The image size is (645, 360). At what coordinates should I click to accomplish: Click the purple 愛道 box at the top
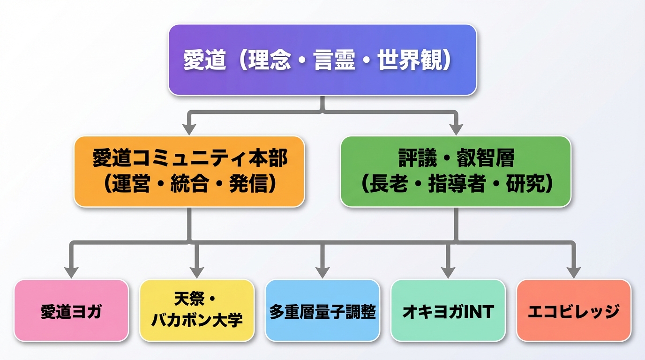coord(322,60)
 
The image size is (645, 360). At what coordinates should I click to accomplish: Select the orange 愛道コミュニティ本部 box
coord(189,171)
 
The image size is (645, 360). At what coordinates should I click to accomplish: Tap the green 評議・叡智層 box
coord(456,171)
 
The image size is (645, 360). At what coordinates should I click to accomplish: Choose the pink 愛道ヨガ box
coord(71,311)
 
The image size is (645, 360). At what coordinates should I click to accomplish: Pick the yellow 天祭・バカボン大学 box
coord(197,311)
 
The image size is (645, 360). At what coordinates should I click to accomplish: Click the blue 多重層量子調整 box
coord(322,311)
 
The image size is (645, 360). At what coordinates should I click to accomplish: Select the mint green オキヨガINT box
coord(448,311)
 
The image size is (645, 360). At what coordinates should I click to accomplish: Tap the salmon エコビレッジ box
coord(574,311)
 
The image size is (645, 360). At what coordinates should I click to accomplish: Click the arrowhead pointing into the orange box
coord(189,128)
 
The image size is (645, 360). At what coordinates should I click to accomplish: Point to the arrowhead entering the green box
coord(456,128)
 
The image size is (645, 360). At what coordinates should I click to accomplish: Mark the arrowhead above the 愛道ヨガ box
coord(71,272)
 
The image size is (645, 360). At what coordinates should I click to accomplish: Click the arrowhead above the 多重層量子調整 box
coord(322,272)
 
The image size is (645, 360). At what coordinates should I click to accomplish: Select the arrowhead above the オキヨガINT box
coord(448,272)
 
